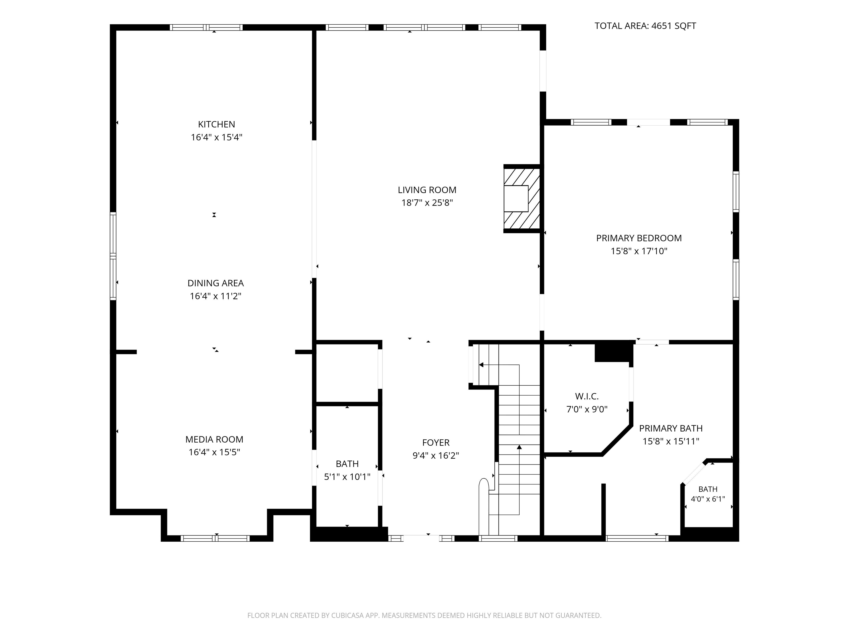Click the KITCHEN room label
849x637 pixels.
click(x=216, y=124)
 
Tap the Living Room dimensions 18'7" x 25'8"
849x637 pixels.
click(x=427, y=203)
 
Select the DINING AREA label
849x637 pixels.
click(x=215, y=283)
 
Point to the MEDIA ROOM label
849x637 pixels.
click(x=214, y=439)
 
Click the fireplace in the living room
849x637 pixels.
click(x=522, y=199)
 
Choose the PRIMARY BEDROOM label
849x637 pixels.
click(x=639, y=238)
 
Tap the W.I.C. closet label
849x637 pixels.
click(x=587, y=396)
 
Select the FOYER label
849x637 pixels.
click(x=436, y=443)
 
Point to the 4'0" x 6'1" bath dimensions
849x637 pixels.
click(x=708, y=499)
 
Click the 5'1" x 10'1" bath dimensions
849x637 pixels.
click(x=347, y=477)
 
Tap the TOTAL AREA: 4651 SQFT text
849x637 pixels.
click(x=645, y=26)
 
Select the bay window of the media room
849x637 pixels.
click(x=215, y=538)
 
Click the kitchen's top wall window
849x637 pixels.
click(x=206, y=27)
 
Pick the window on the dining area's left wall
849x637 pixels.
click(x=113, y=256)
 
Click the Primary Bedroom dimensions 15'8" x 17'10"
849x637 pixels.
click(x=639, y=251)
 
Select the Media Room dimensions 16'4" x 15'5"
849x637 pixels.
click(x=214, y=452)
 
